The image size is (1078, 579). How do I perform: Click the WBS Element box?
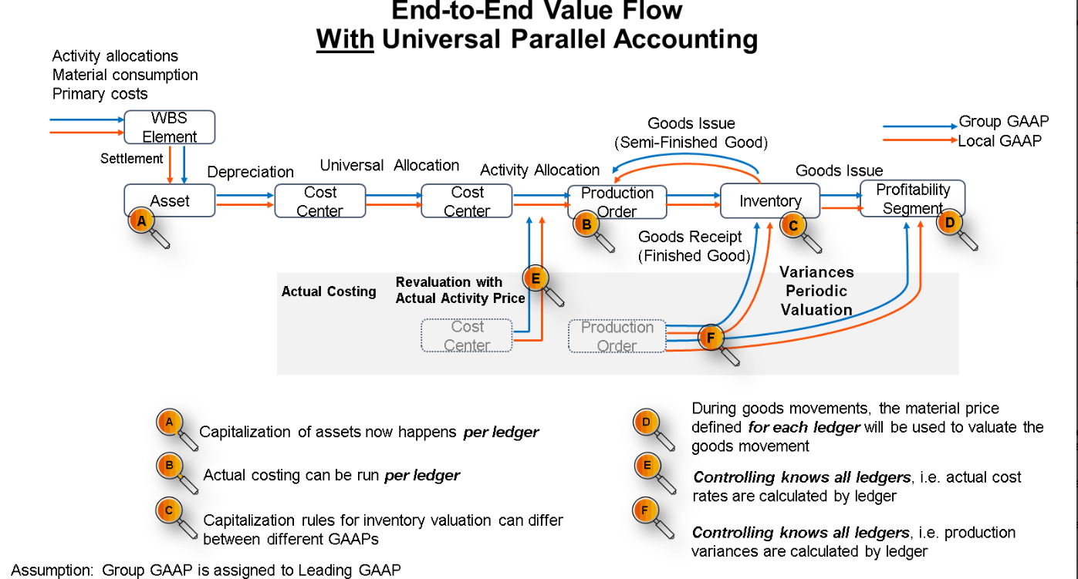pyautogui.click(x=170, y=127)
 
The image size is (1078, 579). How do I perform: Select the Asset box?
pyautogui.click(x=170, y=200)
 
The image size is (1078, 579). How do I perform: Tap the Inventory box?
pyautogui.click(x=769, y=200)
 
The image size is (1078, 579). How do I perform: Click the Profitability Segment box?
pyautogui.click(x=913, y=198)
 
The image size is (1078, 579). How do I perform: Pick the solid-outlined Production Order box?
pyautogui.click(x=617, y=201)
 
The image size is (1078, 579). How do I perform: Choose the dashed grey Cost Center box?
pyautogui.click(x=467, y=336)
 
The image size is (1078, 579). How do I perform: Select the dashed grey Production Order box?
pyautogui.click(x=617, y=336)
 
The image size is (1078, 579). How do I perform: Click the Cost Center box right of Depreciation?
pyautogui.click(x=320, y=201)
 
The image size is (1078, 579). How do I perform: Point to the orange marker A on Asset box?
pyautogui.click(x=140, y=221)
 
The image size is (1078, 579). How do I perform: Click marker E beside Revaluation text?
pyautogui.click(x=534, y=278)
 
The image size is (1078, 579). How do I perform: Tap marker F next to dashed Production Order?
pyautogui.click(x=711, y=337)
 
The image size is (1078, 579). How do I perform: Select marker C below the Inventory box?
pyautogui.click(x=792, y=225)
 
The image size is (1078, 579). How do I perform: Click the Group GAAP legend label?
pyautogui.click(x=1003, y=122)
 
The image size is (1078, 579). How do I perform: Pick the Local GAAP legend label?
pyautogui.click(x=999, y=140)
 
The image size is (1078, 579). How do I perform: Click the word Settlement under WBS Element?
pyautogui.click(x=131, y=159)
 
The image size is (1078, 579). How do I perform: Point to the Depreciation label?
pyautogui.click(x=250, y=172)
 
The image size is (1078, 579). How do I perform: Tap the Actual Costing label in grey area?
pyautogui.click(x=329, y=291)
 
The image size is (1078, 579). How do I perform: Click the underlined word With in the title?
pyautogui.click(x=345, y=39)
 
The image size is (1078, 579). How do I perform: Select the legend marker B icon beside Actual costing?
pyautogui.click(x=170, y=466)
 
